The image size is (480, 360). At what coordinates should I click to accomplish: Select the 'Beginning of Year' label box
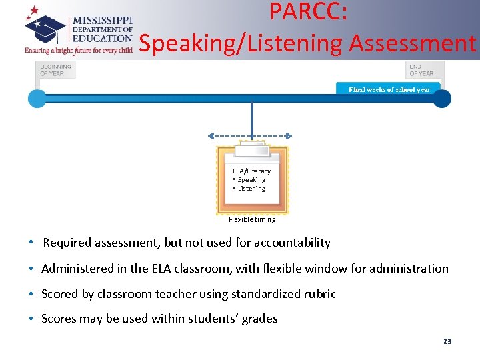tap(55, 69)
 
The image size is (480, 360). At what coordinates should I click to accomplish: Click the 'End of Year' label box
tap(424, 69)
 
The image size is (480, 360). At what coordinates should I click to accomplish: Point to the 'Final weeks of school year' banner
tap(389, 89)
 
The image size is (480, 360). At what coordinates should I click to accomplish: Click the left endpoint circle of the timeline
tap(37, 99)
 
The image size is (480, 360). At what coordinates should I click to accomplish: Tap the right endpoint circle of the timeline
tap(442, 99)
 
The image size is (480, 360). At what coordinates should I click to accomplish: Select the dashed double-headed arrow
tap(252, 135)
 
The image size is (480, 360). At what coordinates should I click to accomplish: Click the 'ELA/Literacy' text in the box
tap(251, 171)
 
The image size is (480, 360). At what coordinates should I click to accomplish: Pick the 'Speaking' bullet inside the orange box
tap(251, 180)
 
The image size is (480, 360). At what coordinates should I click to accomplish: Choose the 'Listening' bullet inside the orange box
tap(251, 189)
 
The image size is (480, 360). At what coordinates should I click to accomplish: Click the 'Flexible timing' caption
tap(252, 219)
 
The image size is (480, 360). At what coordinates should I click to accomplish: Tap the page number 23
tap(447, 341)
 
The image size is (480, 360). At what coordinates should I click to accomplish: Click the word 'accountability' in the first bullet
tap(291, 243)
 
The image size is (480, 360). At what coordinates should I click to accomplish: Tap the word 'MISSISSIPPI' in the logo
tap(103, 21)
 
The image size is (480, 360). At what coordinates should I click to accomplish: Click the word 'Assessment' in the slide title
tap(413, 43)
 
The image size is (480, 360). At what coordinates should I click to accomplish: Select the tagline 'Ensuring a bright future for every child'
tap(79, 50)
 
